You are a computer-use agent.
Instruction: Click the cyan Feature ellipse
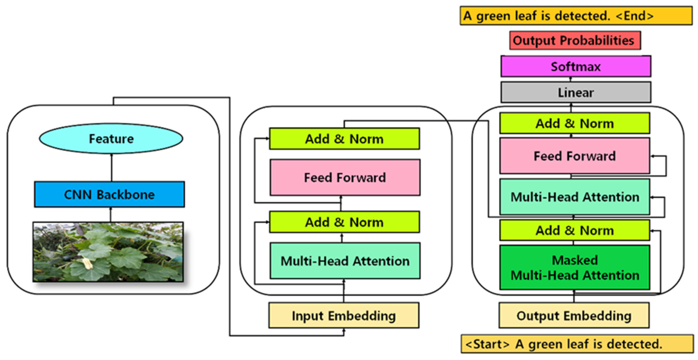point(111,139)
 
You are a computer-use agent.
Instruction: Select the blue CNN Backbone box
point(110,195)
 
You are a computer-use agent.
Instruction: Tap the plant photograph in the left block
point(108,252)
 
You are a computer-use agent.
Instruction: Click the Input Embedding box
point(344,316)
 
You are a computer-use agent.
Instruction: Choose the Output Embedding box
point(574,316)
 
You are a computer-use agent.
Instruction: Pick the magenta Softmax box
point(576,66)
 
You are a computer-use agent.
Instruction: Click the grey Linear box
point(576,92)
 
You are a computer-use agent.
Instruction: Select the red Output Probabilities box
point(575,40)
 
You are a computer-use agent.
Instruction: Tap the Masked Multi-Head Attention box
point(575,268)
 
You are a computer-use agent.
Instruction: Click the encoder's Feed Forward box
point(345,177)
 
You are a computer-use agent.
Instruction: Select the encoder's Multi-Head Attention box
point(345,261)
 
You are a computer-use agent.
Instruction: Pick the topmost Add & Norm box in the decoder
point(575,124)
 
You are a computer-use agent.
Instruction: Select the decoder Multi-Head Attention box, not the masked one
point(575,197)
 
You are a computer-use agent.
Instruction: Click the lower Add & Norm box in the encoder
point(344,222)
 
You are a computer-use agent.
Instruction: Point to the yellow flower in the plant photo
point(87,263)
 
